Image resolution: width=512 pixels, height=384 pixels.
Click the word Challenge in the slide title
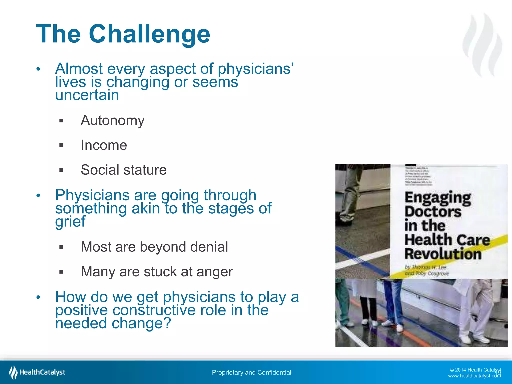pos(149,34)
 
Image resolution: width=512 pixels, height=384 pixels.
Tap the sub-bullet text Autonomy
pos(112,121)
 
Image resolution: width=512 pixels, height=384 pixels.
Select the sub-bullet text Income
pos(104,145)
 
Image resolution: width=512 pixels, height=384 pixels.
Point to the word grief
pos(70,222)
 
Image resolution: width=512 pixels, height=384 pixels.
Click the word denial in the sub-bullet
pos(209,247)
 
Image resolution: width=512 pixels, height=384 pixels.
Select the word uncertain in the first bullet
pos(87,95)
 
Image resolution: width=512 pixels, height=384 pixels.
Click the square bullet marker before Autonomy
pos(61,121)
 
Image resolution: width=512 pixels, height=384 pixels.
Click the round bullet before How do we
pos(38,297)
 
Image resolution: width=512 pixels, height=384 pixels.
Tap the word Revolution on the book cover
pos(443,254)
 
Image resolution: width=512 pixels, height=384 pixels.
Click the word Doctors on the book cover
pos(433,212)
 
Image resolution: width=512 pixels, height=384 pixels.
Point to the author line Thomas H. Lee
pos(425,267)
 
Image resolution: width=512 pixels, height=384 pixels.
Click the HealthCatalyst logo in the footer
pos(37,372)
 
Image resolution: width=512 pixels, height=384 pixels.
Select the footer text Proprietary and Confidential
pos(251,373)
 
